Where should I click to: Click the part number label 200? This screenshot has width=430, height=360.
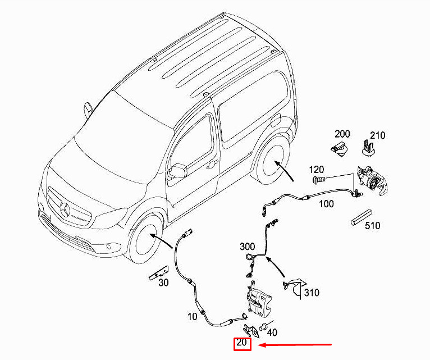342,134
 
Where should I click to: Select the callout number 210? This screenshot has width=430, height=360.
378,135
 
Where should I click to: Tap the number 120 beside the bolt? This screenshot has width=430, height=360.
317,170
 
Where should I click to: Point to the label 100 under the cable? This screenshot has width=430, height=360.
326,204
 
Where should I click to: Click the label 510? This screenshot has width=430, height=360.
373,226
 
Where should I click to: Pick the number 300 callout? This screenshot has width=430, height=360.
248,247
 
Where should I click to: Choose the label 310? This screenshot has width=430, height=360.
312,293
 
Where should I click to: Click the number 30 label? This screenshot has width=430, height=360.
163,282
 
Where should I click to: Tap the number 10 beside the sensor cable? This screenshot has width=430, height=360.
192,317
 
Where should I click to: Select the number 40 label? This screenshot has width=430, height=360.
272,332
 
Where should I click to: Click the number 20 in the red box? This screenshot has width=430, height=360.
242,343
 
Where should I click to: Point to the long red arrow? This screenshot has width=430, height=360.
295,345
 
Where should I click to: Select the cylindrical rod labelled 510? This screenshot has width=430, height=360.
362,217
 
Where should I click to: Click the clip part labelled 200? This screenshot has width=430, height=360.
340,149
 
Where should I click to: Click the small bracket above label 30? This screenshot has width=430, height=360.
159,273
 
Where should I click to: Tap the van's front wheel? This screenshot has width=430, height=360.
145,239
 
